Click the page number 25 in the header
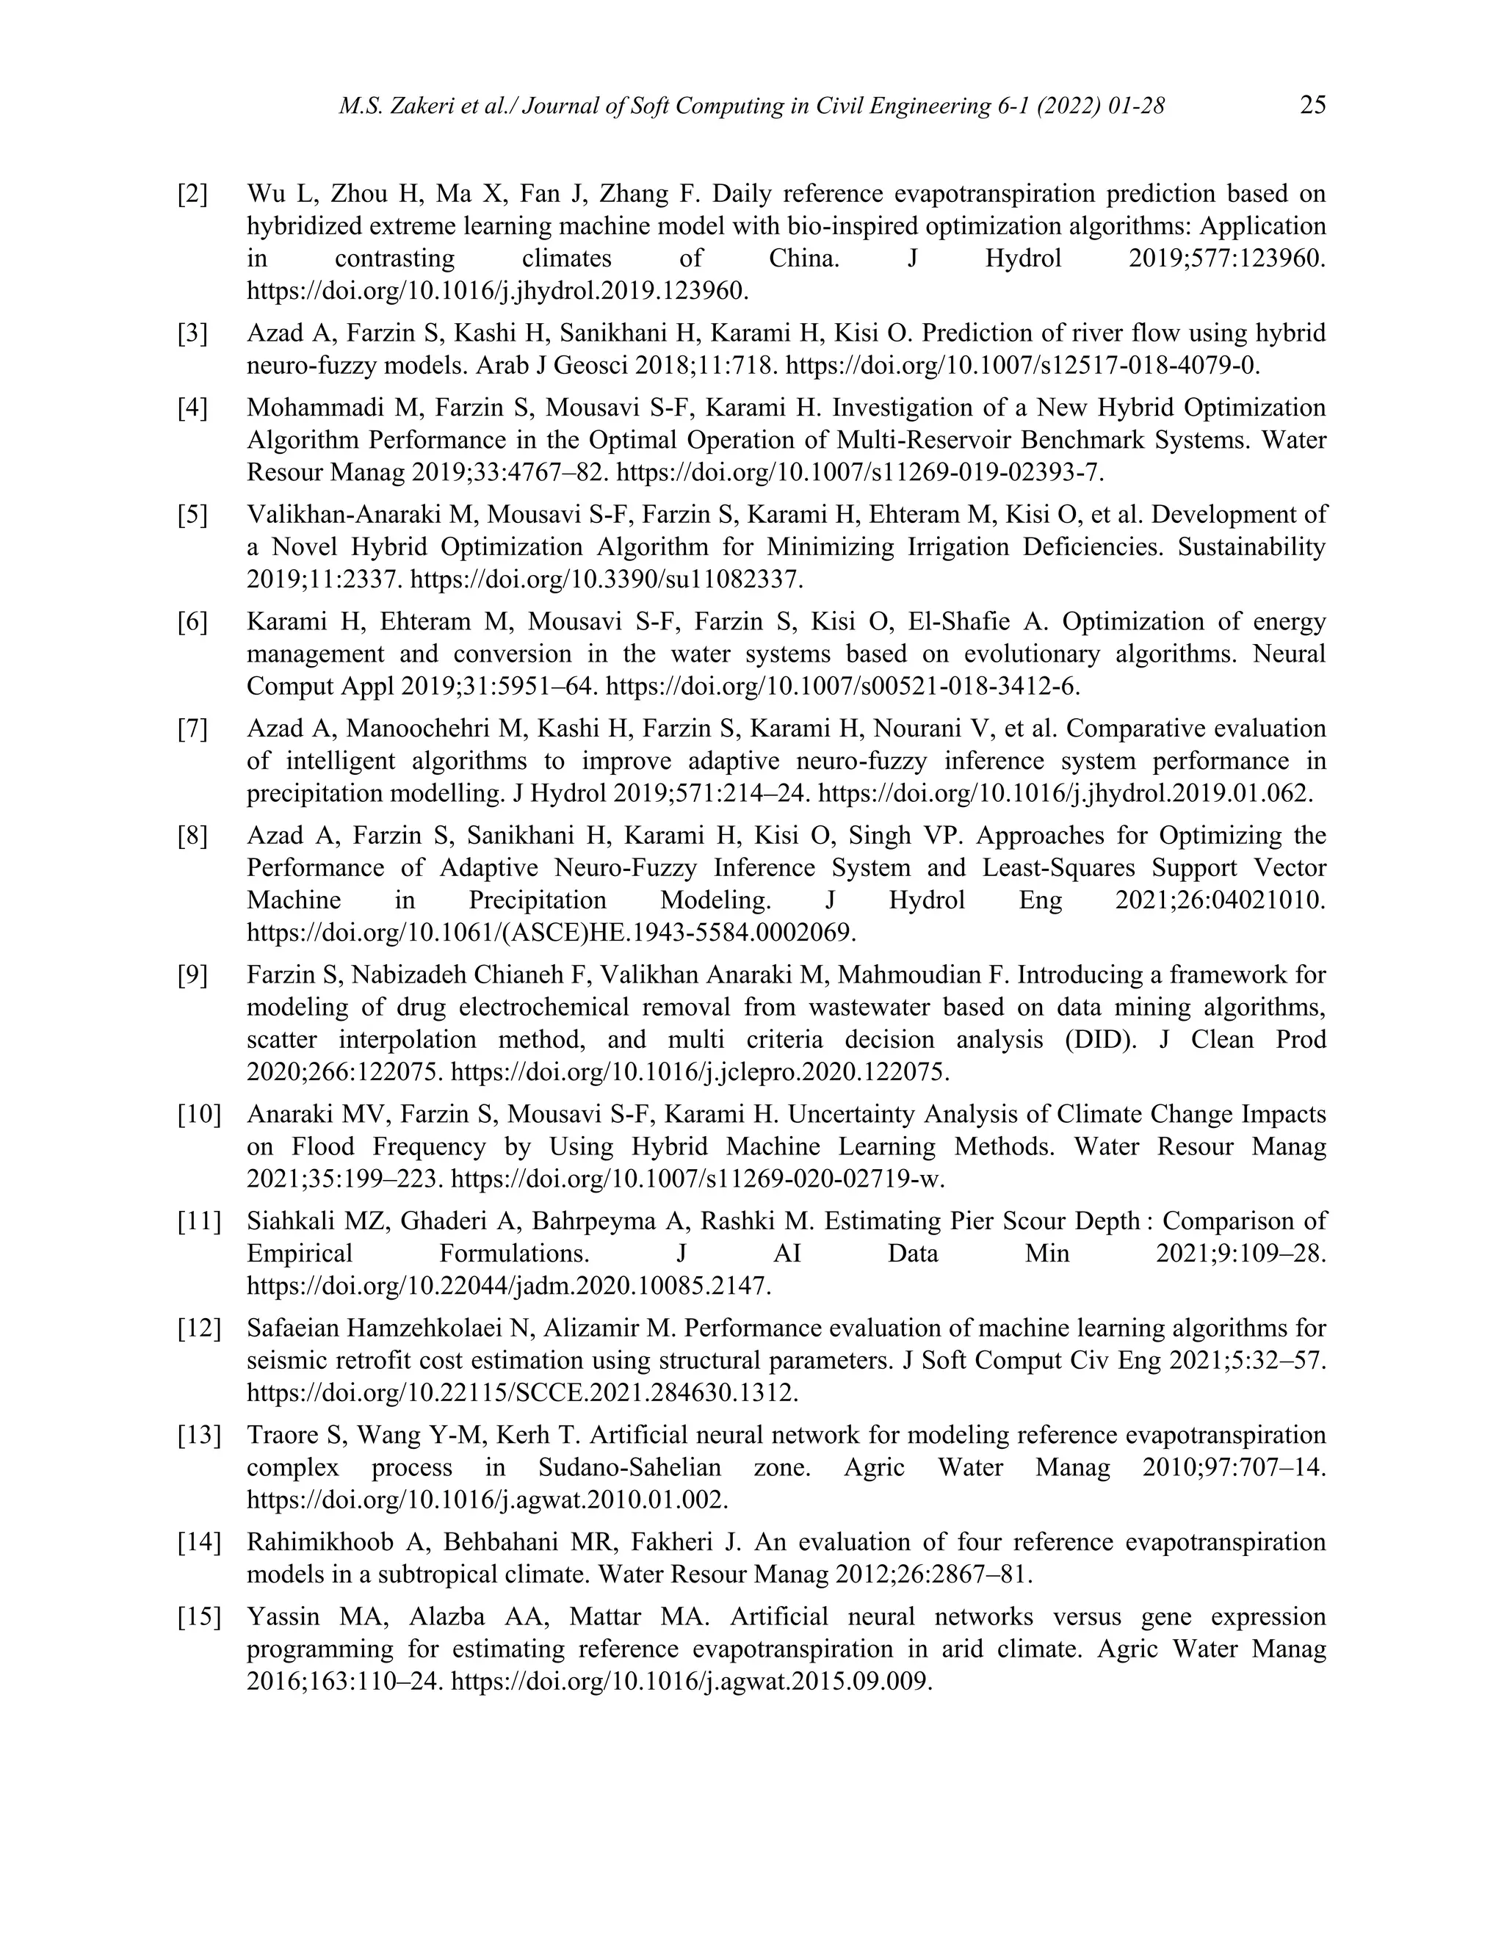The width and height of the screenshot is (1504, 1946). coord(1312,105)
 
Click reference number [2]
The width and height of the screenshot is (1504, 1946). coord(192,193)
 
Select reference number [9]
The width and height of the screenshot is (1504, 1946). coord(192,974)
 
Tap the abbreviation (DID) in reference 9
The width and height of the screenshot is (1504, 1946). coord(1100,1040)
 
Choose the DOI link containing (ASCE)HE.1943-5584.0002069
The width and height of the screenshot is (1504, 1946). coord(551,933)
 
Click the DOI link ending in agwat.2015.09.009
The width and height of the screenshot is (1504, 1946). coord(691,1682)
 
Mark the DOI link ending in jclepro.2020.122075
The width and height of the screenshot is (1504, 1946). coord(701,1072)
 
